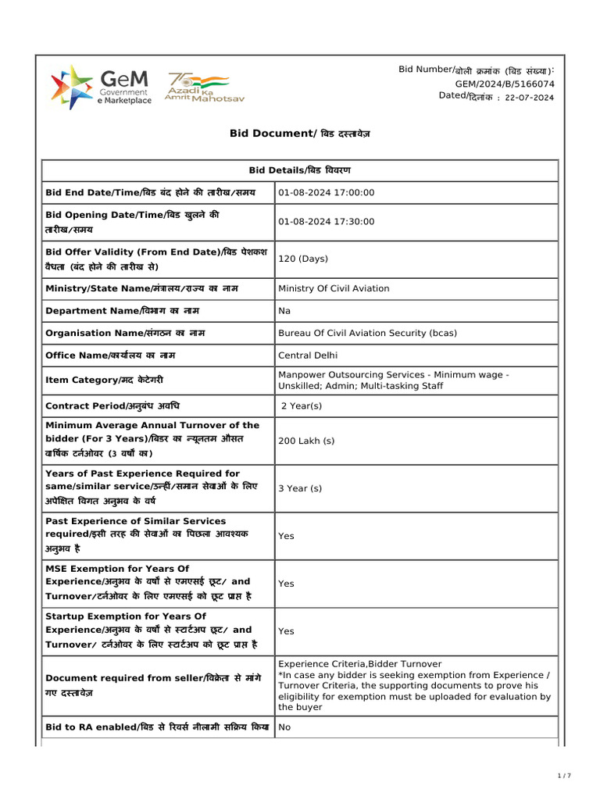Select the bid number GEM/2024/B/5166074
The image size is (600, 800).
click(505, 84)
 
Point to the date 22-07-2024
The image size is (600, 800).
click(529, 98)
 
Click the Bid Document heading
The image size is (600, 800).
click(300, 134)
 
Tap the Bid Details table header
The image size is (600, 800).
click(300, 170)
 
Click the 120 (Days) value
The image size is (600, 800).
click(303, 259)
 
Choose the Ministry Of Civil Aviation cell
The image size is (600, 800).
click(334, 288)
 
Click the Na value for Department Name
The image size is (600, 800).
click(284, 311)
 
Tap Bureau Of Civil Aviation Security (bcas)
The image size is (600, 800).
click(367, 333)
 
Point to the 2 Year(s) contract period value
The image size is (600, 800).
click(302, 406)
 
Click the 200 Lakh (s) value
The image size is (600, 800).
click(306, 441)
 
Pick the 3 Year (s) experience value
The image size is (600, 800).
click(300, 488)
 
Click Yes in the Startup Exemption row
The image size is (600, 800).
click(286, 630)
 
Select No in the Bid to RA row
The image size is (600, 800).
click(284, 727)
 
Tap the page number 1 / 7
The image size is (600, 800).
click(564, 776)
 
